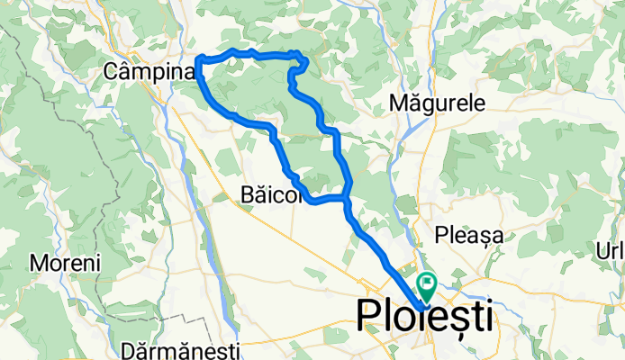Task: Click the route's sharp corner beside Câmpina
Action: [198, 61]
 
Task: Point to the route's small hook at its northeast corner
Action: [303, 63]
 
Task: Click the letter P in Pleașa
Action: [441, 236]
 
